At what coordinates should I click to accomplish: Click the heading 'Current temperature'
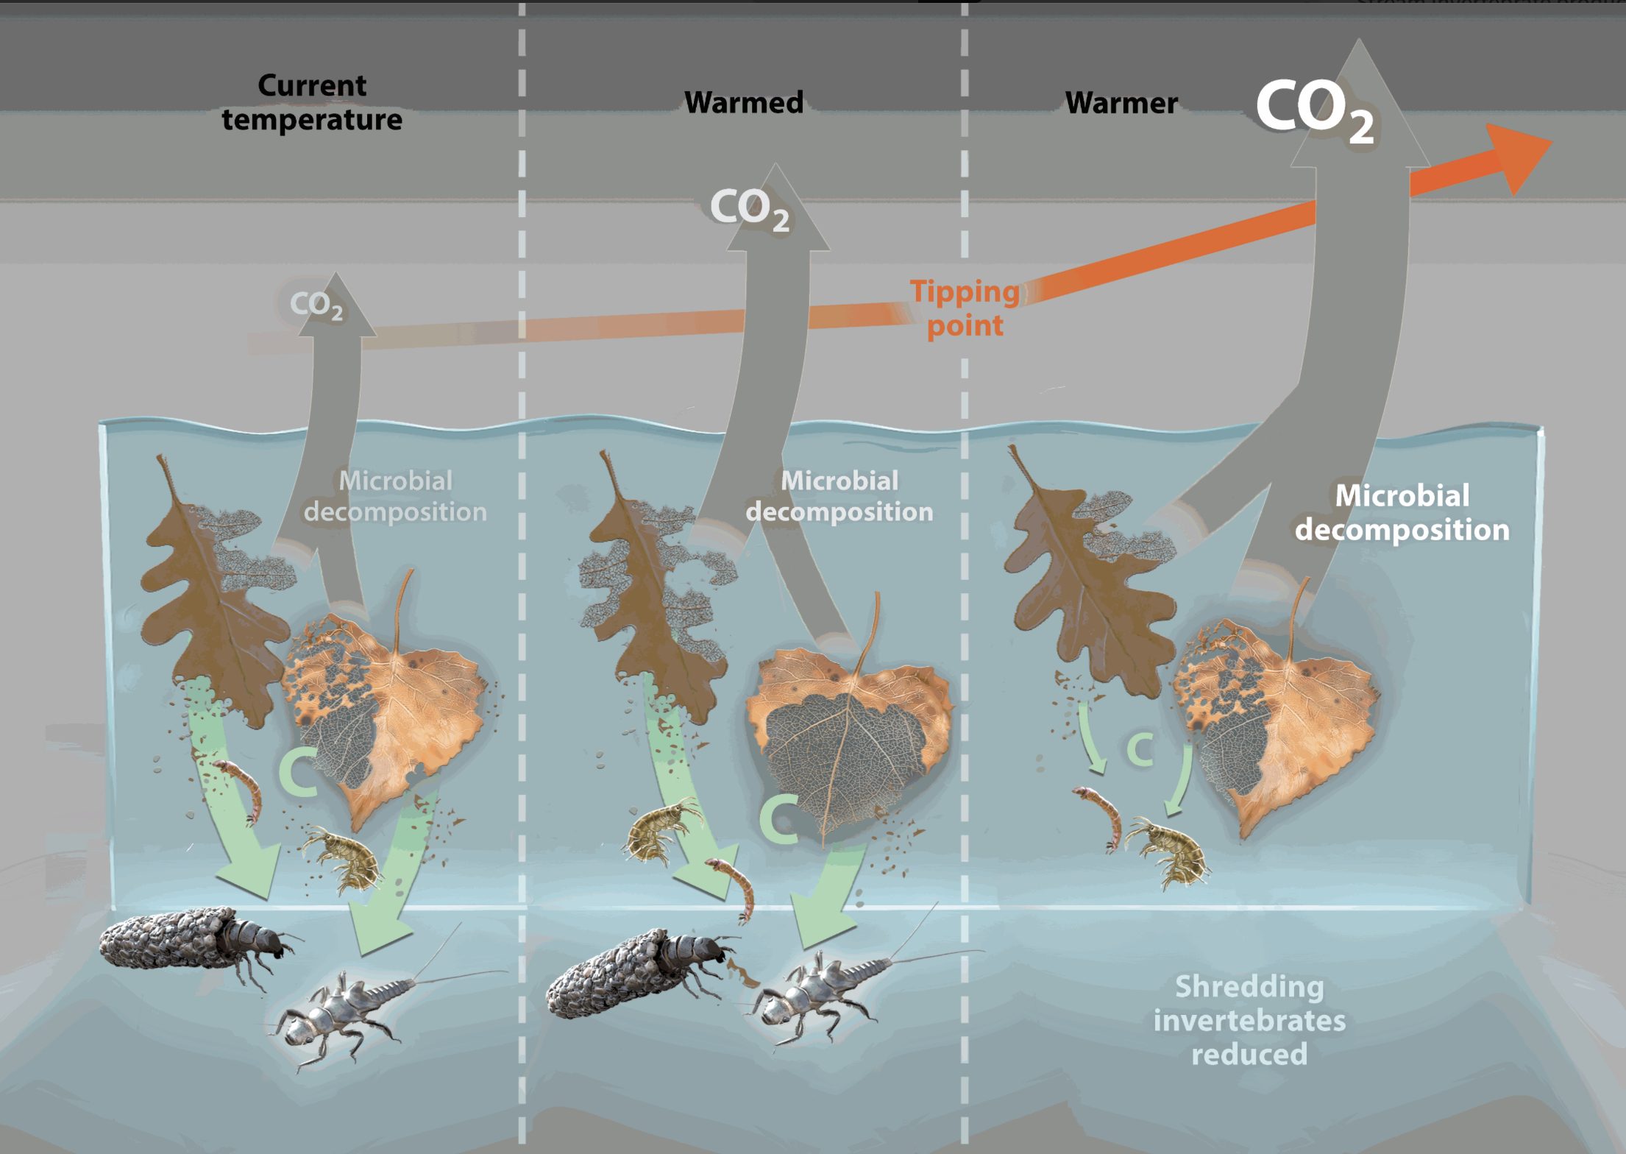click(312, 102)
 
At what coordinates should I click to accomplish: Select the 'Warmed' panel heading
click(744, 102)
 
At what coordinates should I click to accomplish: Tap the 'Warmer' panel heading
click(1121, 103)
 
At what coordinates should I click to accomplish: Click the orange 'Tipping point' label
click(965, 308)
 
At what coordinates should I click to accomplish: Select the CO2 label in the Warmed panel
click(750, 208)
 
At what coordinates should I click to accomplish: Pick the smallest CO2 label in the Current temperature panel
click(316, 304)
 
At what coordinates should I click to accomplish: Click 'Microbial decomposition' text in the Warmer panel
click(1402, 513)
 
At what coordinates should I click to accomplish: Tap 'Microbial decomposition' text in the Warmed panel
click(839, 496)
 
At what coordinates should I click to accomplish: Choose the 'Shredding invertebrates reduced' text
click(1249, 1020)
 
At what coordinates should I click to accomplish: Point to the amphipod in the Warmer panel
click(1170, 851)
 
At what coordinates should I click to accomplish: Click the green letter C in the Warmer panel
click(1140, 749)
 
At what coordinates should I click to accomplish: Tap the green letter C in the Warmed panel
click(778, 818)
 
